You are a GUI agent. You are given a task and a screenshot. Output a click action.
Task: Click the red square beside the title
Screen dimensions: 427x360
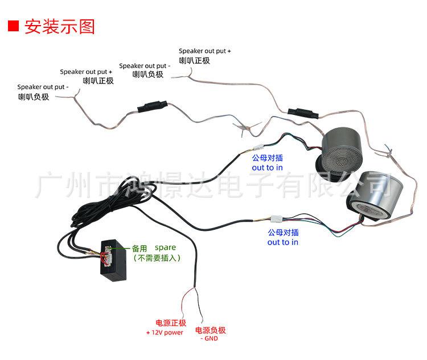13,26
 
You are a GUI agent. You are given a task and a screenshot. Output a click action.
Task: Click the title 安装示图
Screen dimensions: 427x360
59,26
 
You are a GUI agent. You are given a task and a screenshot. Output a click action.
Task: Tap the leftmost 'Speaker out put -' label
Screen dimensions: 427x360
43,87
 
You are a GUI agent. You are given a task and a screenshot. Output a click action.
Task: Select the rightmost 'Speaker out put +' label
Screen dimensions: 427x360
204,51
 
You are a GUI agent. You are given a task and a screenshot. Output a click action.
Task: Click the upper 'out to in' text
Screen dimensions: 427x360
268,168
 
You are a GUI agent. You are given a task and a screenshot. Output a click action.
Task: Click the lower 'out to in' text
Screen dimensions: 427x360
283,242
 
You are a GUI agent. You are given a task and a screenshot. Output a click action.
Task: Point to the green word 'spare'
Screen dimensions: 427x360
165,248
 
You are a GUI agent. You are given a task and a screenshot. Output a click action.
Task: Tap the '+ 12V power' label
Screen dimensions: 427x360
165,332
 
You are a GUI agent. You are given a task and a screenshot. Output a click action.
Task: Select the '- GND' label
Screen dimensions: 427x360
210,339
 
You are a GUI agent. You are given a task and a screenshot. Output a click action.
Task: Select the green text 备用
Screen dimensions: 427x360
139,249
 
